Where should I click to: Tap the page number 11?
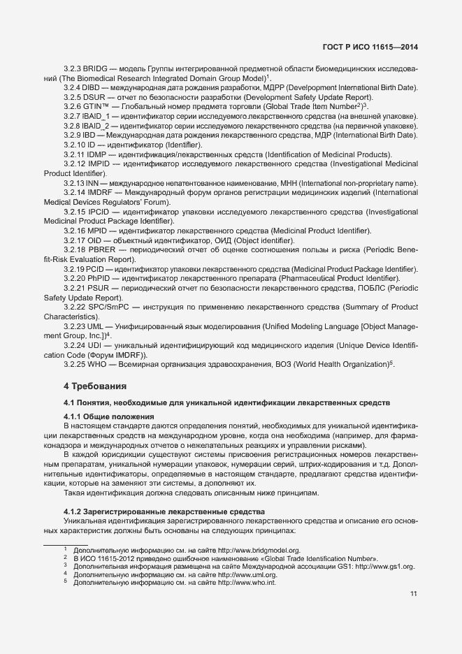click(x=413, y=594)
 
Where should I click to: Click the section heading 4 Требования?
click(x=95, y=385)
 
